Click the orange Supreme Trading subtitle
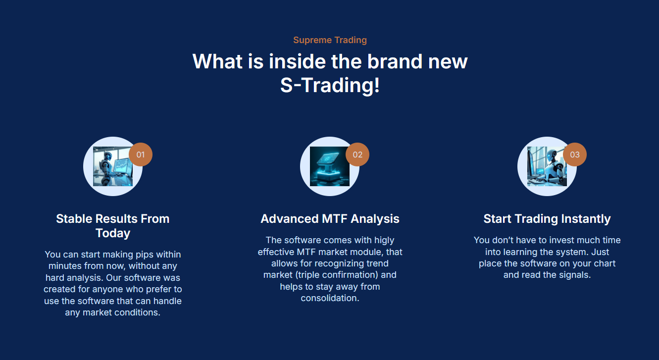tap(330, 40)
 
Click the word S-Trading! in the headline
tap(330, 85)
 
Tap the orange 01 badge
tap(141, 154)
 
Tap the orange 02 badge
tap(357, 154)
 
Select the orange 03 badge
tap(574, 154)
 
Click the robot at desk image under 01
tap(113, 166)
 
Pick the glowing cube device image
tap(330, 166)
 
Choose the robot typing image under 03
tap(547, 166)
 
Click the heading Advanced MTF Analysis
tap(330, 219)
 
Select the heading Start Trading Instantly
tap(547, 219)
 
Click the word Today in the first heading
tap(113, 233)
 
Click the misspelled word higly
tap(384, 240)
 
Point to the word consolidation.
tap(330, 298)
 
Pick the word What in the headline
tap(217, 61)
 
